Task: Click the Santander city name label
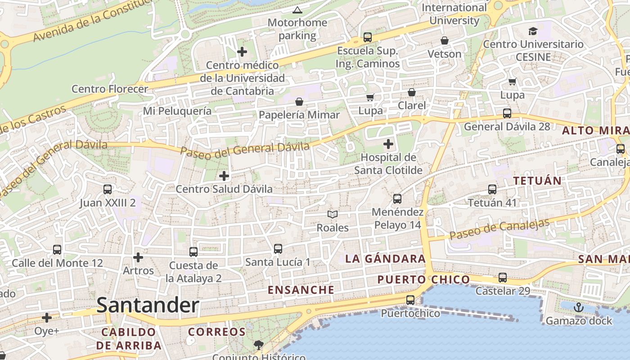coord(148,306)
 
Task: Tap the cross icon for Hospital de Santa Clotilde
coord(388,144)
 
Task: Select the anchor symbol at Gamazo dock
coord(579,308)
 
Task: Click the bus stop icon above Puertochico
coord(410,300)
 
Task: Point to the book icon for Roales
coord(333,215)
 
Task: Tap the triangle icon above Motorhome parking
coord(297,10)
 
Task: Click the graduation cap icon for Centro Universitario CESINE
coord(533,31)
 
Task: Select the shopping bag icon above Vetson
coord(445,41)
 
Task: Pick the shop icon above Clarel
coord(411,92)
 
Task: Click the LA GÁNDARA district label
coord(385,259)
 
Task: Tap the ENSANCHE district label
coord(301,290)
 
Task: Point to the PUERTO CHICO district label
coord(423,280)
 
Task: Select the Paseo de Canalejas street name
coord(499,229)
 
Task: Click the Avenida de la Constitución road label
coord(90,20)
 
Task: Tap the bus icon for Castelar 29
coord(503,278)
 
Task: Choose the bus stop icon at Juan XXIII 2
coord(107,189)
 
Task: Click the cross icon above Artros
coord(138,257)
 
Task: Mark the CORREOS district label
coord(217,332)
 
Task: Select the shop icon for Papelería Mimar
coord(299,102)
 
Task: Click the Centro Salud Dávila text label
coord(224,189)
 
